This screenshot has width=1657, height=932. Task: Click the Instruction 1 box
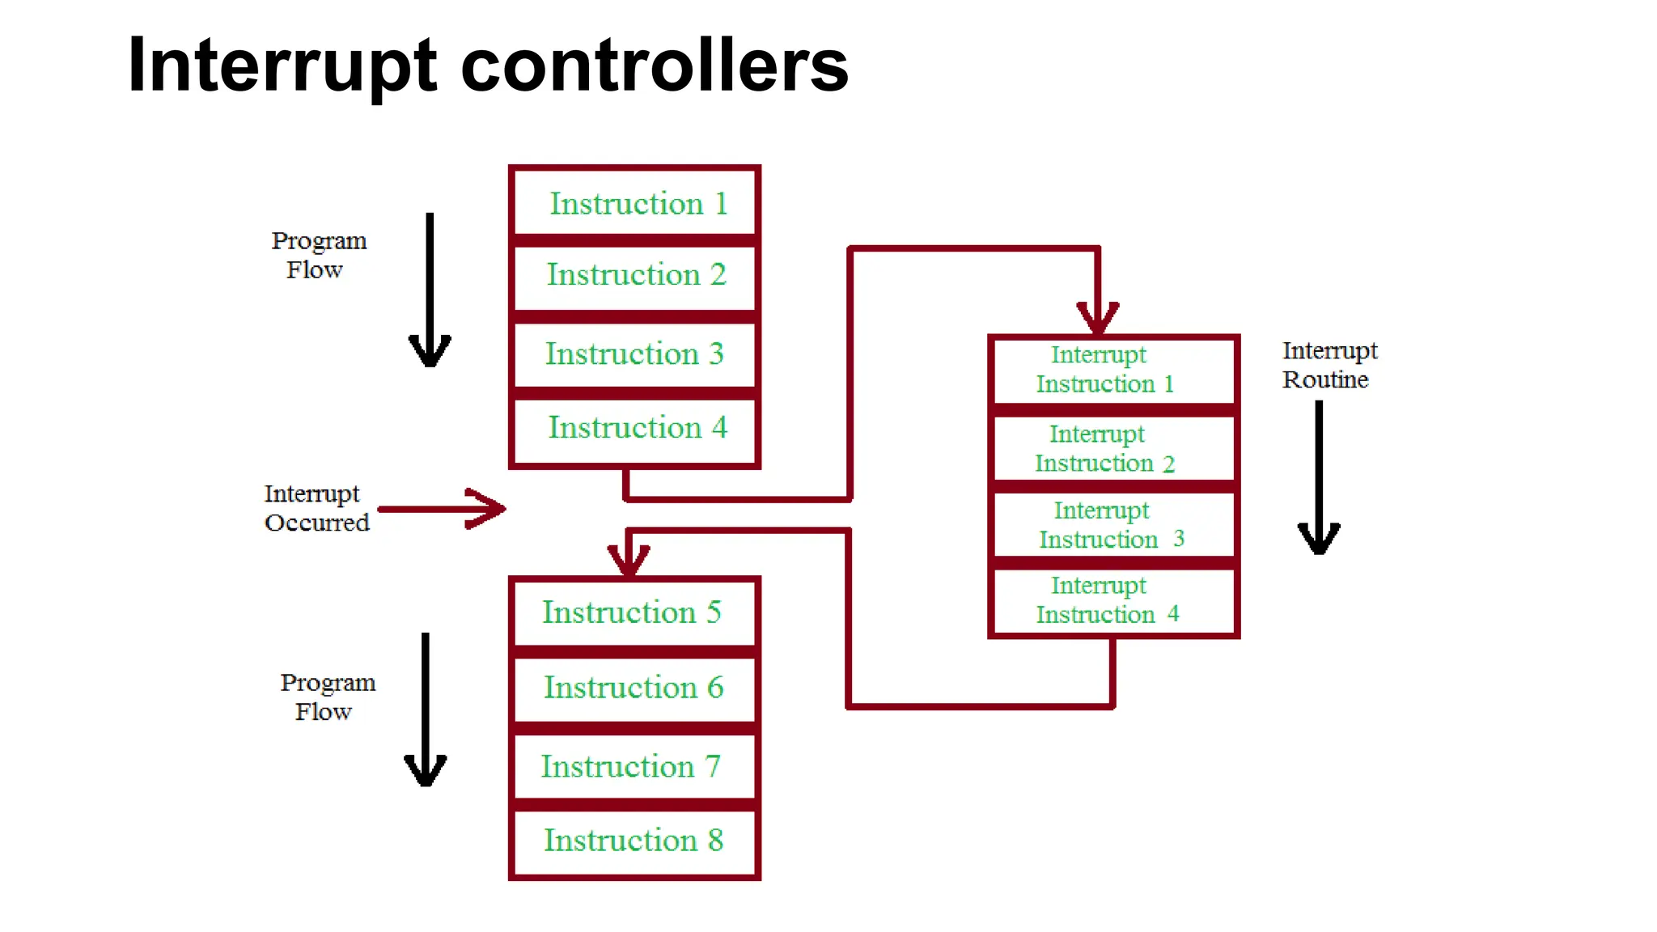(x=635, y=202)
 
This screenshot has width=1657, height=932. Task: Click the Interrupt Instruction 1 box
(x=1113, y=370)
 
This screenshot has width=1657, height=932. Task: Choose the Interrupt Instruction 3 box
(x=1113, y=525)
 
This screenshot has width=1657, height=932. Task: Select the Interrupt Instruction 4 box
(x=1113, y=600)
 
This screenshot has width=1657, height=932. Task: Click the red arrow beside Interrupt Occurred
(x=443, y=509)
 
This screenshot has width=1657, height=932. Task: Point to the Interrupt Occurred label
(x=316, y=508)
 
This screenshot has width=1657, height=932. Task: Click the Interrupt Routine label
(x=1329, y=365)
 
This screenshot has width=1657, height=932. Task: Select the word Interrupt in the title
(x=282, y=66)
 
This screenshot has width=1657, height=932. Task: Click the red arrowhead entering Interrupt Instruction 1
(x=1097, y=318)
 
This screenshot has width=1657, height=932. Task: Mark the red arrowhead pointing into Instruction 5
(x=629, y=559)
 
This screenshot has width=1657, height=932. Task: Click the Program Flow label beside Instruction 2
(x=318, y=255)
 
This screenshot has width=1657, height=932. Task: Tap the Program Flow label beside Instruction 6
(x=327, y=697)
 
